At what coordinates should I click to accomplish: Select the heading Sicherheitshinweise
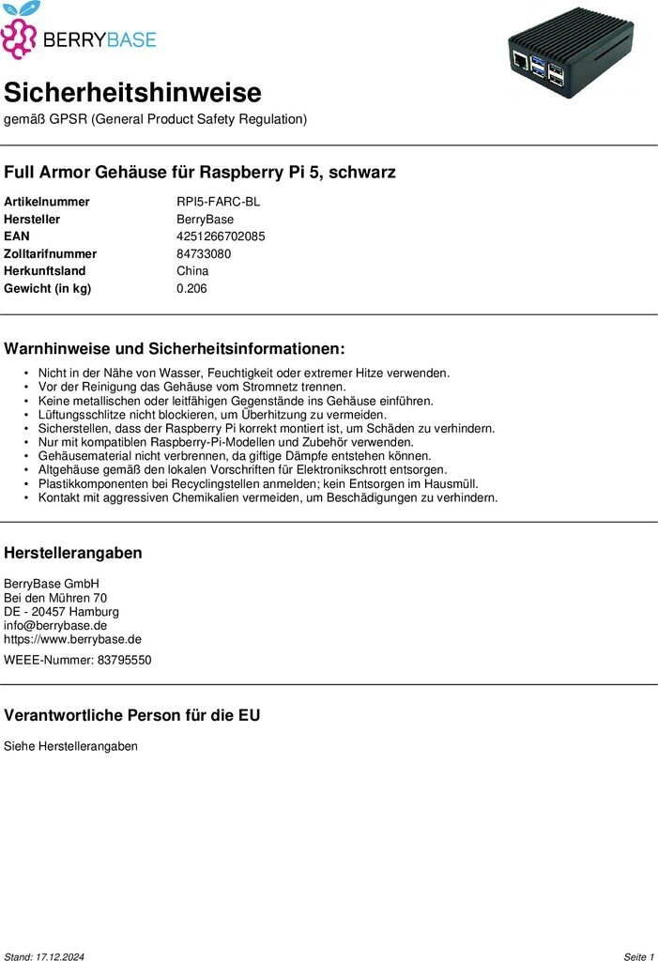coord(132,93)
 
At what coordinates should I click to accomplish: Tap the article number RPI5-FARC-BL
coord(219,202)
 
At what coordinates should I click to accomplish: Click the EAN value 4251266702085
coord(221,236)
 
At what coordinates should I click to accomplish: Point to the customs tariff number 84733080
coord(204,253)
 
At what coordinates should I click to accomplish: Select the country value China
coord(192,271)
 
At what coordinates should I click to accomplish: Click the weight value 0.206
coord(191,288)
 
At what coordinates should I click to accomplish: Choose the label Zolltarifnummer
coord(50,253)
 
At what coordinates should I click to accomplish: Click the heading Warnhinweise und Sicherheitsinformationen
coord(175,349)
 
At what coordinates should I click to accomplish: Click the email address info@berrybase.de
coord(55,625)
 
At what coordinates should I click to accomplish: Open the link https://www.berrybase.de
coord(72,639)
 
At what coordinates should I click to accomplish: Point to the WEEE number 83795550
coord(124,660)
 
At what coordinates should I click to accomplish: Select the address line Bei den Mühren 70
coord(55,598)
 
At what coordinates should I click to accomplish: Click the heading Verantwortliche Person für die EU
coord(132,715)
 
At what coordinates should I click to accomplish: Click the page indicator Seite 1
coord(638,956)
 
